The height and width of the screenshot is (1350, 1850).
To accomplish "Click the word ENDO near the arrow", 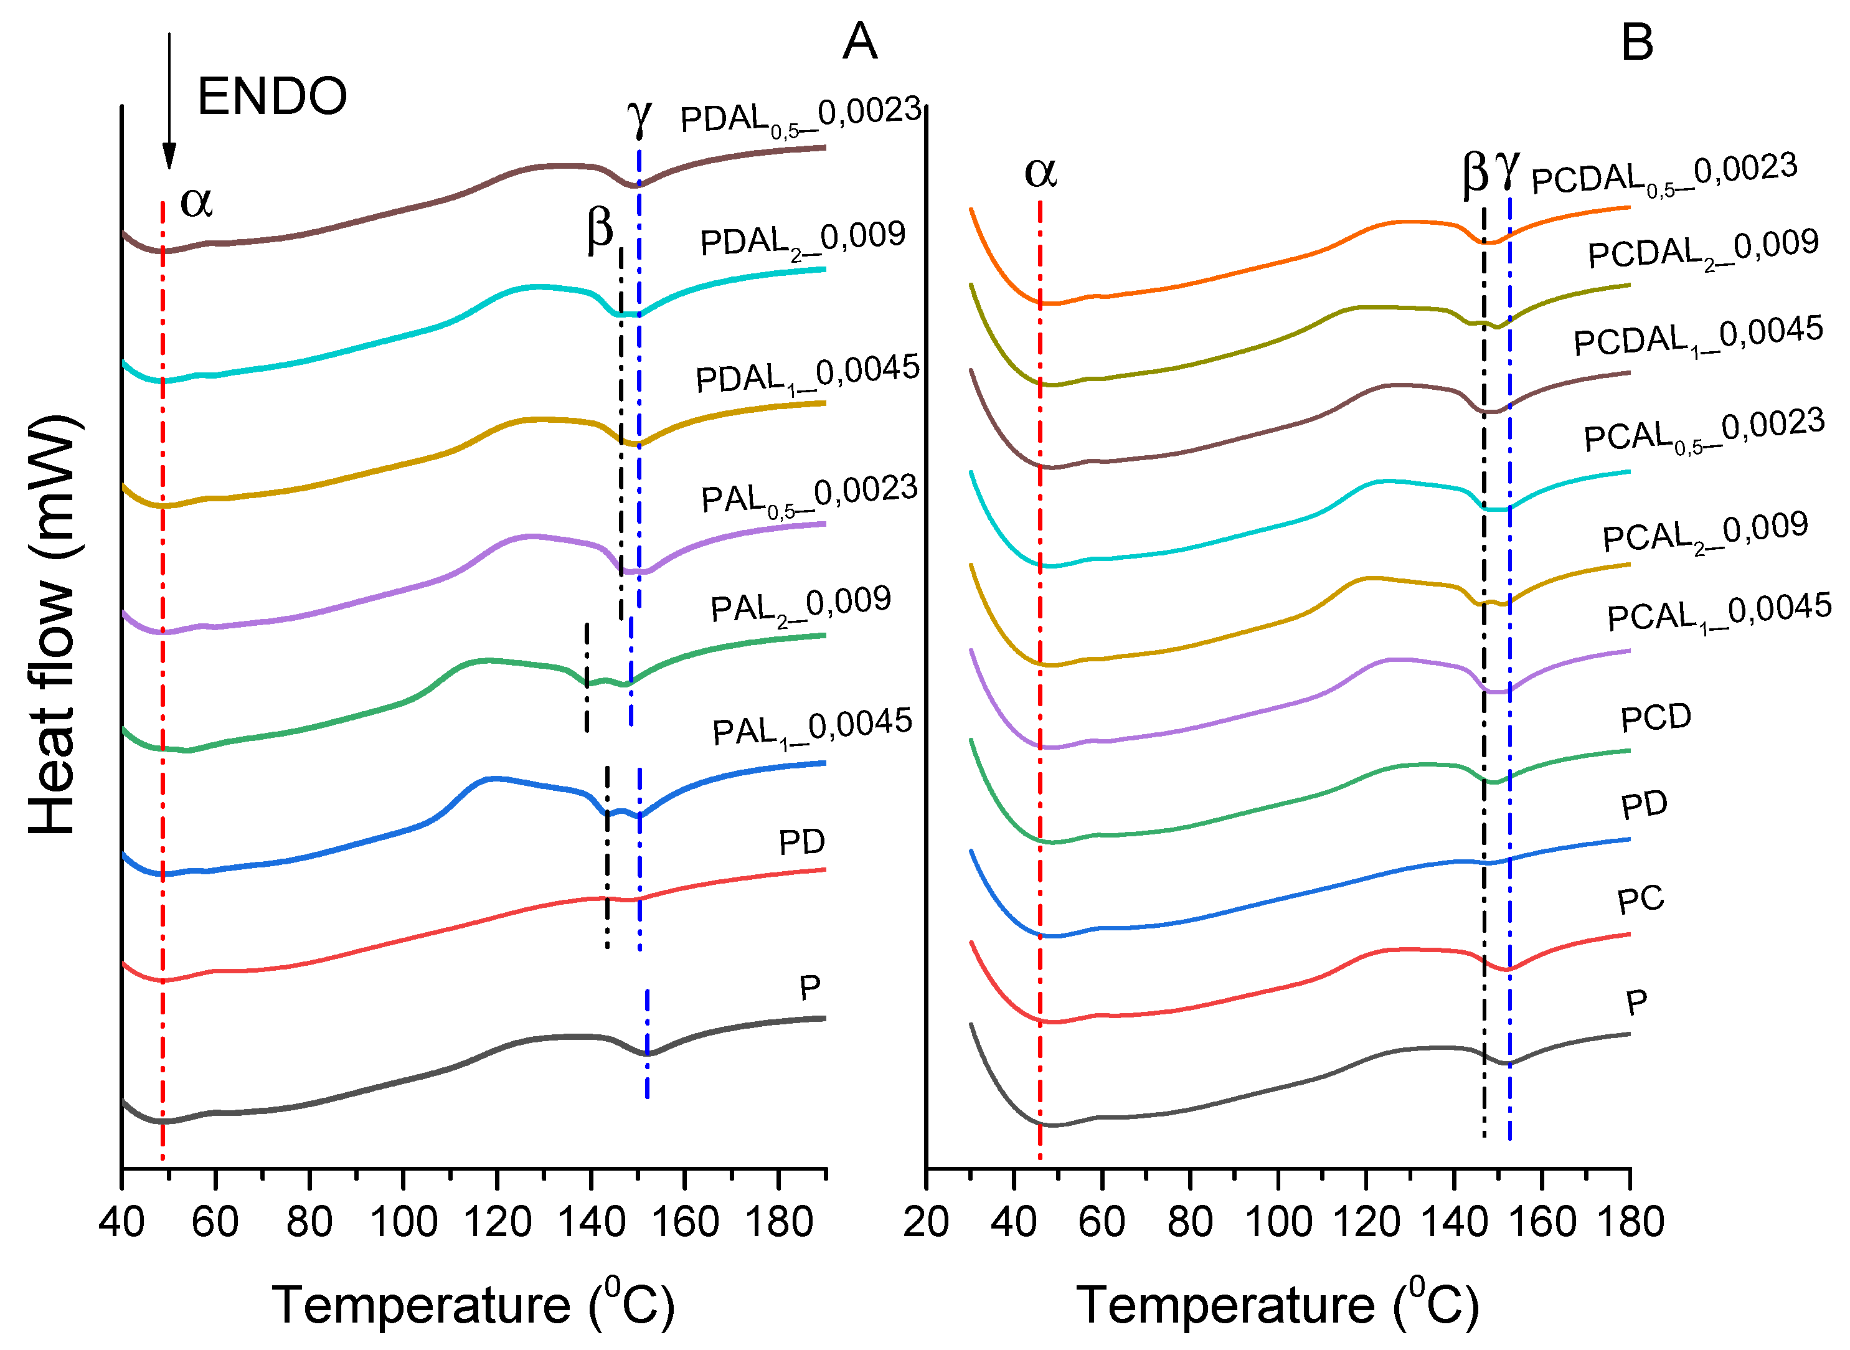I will pos(272,97).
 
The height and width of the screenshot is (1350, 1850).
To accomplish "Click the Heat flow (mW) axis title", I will pos(52,625).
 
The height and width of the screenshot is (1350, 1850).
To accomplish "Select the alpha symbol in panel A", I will pos(196,201).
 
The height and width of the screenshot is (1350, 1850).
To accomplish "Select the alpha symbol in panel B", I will pos(1041,172).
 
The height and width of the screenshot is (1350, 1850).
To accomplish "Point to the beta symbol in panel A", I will pos(600,228).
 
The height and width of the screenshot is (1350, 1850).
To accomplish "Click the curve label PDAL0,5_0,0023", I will pos(801,117).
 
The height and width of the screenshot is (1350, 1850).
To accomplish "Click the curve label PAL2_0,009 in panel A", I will pos(801,607).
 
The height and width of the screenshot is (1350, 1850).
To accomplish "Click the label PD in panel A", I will pos(801,843).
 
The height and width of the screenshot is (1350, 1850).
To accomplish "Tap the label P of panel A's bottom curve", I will pos(809,989).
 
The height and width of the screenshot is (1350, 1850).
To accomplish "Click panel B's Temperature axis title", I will pos(1277,1305).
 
